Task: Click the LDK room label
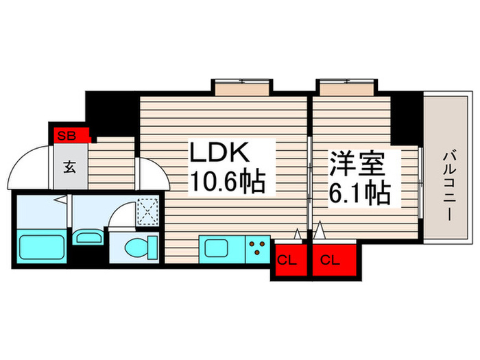click(x=219, y=152)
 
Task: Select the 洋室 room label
click(x=357, y=164)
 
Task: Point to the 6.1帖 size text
click(x=359, y=193)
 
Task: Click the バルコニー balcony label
click(x=448, y=186)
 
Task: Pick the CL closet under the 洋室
click(x=335, y=260)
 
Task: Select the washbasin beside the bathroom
click(x=88, y=237)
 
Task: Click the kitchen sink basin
click(x=216, y=248)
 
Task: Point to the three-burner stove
click(x=258, y=249)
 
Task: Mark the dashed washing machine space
click(x=148, y=211)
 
